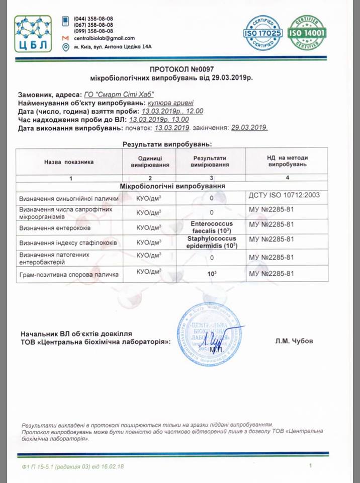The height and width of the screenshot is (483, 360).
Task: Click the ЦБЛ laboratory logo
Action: [32, 33]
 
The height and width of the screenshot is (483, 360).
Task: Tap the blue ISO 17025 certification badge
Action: [263, 32]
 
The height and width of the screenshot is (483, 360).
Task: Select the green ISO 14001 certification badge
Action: [307, 32]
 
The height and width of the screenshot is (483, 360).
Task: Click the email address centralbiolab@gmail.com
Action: [104, 38]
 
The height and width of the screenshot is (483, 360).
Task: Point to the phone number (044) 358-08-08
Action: [94, 18]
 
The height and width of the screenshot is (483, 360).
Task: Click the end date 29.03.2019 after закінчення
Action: [249, 128]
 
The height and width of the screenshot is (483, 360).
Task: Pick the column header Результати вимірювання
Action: [211, 161]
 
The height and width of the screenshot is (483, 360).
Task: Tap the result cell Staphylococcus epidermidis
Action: [211, 242]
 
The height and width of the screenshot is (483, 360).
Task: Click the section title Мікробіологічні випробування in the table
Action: [172, 186]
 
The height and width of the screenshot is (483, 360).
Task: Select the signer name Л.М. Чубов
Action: [294, 341]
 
